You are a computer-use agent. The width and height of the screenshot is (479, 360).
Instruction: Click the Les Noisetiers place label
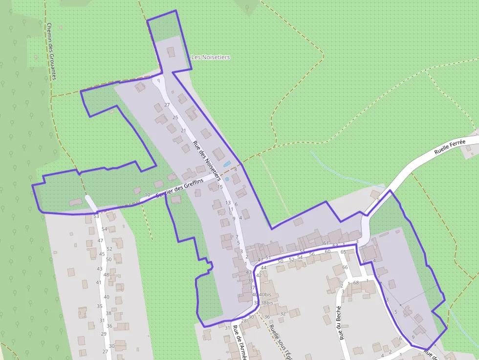(x=210, y=57)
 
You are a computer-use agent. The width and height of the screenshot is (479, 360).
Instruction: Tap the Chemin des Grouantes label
(x=51, y=51)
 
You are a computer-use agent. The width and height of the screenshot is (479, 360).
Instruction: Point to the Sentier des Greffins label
(x=179, y=188)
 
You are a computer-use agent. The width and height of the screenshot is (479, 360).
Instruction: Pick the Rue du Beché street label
(x=339, y=323)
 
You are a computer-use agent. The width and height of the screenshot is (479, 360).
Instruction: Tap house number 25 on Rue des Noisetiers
(x=175, y=118)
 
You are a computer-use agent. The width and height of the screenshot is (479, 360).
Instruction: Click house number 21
(x=184, y=130)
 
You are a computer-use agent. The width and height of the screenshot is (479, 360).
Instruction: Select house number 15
(x=220, y=187)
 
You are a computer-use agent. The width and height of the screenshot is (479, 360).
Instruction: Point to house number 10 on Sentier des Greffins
(x=148, y=195)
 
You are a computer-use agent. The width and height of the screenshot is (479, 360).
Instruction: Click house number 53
(x=96, y=216)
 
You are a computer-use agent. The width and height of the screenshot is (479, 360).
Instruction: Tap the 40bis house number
(x=265, y=295)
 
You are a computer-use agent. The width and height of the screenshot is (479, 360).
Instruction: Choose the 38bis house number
(x=267, y=303)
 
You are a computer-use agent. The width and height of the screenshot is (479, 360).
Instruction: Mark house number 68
(x=356, y=283)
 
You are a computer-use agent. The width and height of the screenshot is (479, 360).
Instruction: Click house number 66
(x=345, y=267)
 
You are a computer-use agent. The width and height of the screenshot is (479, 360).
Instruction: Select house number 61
(x=326, y=243)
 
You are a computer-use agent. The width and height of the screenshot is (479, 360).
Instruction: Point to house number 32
(x=283, y=314)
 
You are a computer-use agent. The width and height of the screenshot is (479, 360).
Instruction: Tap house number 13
(x=228, y=202)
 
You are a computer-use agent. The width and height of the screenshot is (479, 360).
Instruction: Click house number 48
(x=106, y=275)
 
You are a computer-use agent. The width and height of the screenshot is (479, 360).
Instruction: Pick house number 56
(x=312, y=254)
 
